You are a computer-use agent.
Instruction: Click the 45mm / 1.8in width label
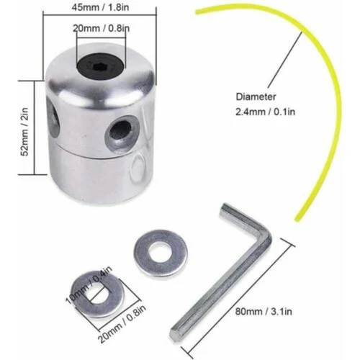tap(100, 7)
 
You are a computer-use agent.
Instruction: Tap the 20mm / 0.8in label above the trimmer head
tap(101, 28)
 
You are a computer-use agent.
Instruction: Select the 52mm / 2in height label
tap(25, 132)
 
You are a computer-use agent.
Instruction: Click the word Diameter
tap(256, 96)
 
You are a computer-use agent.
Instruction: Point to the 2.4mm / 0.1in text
tap(265, 112)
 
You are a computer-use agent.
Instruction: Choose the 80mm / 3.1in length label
tap(264, 312)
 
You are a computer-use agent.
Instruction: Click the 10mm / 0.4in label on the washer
tap(89, 285)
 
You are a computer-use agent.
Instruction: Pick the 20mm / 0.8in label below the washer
tap(122, 324)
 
